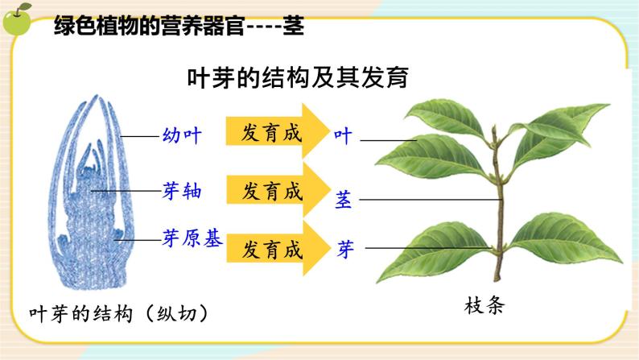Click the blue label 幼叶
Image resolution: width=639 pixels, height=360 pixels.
181,136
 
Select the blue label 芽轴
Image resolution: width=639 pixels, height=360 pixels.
181,191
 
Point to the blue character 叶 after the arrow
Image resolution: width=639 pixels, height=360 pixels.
344,136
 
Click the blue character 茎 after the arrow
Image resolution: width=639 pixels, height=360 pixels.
344,200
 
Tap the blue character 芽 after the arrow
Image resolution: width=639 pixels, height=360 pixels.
345,249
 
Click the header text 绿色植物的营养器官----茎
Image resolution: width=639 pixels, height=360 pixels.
178,26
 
